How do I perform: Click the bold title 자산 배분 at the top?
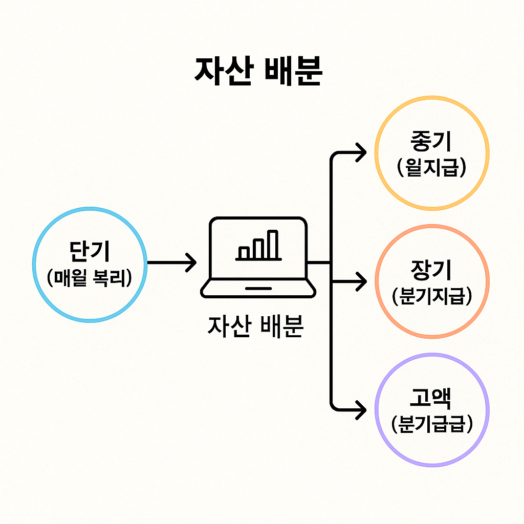tap(258, 72)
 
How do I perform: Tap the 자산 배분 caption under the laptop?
tap(255, 326)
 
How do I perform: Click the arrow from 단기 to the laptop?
tap(171, 263)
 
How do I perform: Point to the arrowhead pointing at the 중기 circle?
tap(362, 152)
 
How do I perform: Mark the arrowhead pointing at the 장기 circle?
tap(362, 281)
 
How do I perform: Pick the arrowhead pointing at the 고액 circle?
tap(362, 409)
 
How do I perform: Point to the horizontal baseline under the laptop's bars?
tap(258, 259)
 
